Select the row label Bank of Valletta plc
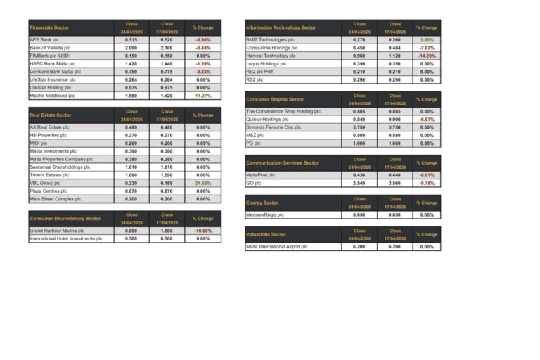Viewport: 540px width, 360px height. tap(50, 47)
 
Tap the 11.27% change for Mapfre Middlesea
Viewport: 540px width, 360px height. tap(202, 95)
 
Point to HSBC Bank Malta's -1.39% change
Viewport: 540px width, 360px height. tap(202, 63)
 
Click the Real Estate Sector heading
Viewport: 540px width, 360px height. tap(51, 115)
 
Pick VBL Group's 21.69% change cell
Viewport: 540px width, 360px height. tap(202, 183)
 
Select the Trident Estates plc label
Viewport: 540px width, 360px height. tap(49, 175)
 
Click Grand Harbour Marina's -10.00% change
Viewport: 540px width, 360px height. tap(202, 231)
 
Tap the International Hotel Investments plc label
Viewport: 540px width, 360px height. tap(66, 238)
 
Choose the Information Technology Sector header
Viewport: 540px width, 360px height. tap(281, 27)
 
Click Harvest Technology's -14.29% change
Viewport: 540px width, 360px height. tap(427, 56)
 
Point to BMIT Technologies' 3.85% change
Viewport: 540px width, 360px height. tap(427, 39)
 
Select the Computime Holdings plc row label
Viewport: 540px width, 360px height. tap(272, 48)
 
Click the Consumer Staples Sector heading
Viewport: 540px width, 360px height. tap(275, 99)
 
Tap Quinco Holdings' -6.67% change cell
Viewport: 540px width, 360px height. tap(427, 120)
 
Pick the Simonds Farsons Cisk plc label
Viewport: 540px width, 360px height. tap(274, 127)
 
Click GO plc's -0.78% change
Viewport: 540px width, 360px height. tap(427, 183)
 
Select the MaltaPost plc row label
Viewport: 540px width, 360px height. tap(261, 175)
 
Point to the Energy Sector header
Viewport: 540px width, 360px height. tap(262, 202)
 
